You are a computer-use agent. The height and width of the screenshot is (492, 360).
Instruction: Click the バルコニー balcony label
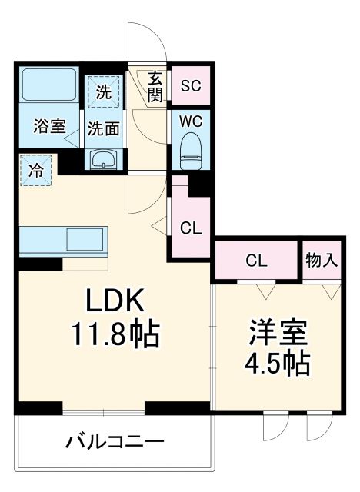114,443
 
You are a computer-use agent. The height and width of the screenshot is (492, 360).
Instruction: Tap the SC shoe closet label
190,86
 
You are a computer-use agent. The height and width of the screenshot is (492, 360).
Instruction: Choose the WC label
190,121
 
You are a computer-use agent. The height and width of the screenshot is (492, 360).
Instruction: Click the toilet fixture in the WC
190,148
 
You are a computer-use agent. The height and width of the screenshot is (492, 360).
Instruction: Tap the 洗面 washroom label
103,128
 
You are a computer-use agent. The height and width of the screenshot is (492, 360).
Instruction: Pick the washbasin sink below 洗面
104,159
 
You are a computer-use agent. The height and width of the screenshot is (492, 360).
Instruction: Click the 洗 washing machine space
104,92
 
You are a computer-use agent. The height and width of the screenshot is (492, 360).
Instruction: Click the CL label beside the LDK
191,228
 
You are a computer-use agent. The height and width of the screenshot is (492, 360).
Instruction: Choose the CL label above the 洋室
255,261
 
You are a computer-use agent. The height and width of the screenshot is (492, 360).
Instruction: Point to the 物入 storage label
321,261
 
